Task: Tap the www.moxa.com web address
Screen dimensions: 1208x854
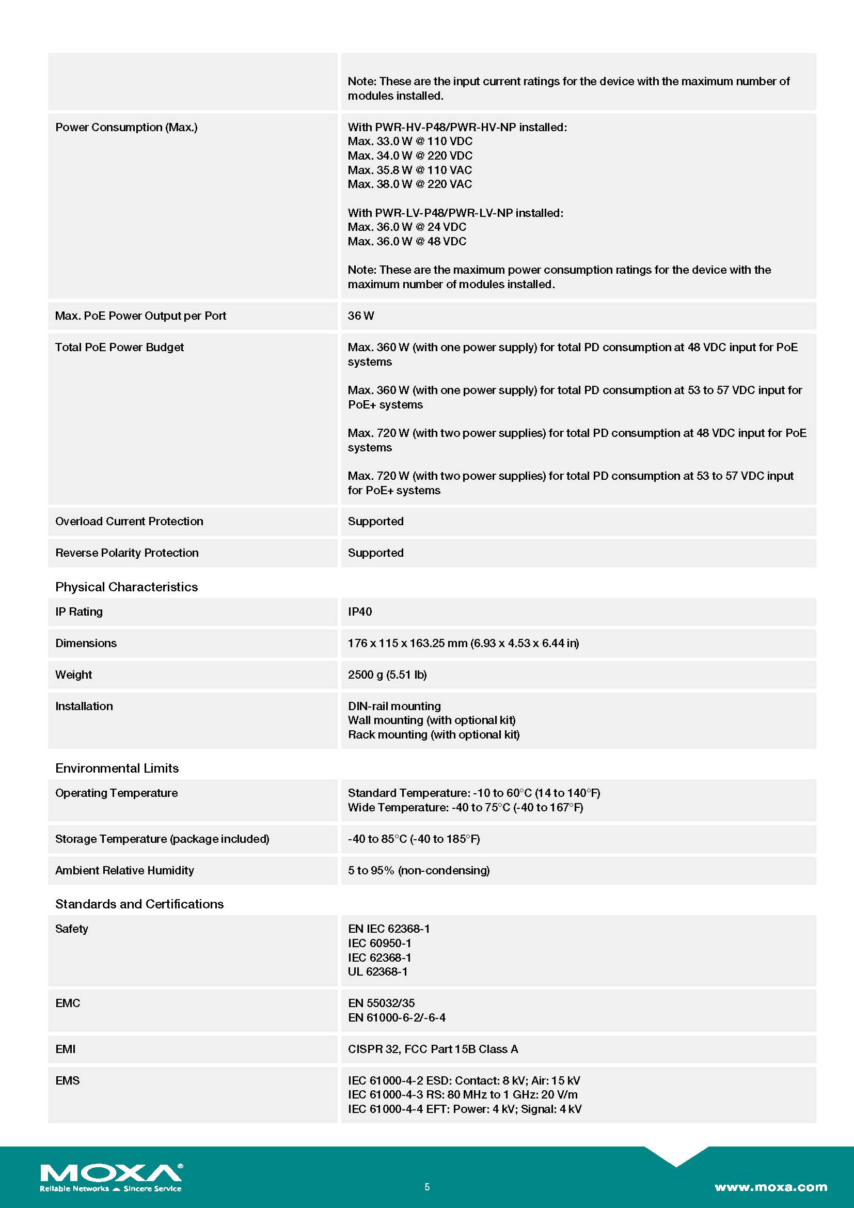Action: click(770, 1186)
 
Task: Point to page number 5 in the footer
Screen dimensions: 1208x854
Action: click(427, 1186)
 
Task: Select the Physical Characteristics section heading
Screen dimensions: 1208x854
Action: click(126, 587)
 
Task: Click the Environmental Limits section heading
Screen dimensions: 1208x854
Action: click(117, 768)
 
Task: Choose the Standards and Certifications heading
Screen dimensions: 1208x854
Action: click(139, 904)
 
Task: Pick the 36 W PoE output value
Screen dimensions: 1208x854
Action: click(361, 316)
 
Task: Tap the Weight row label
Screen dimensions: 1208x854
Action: click(74, 674)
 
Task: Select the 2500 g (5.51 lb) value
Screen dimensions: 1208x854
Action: click(387, 674)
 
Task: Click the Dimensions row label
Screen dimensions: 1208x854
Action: click(86, 643)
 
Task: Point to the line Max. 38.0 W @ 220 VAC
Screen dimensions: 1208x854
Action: click(409, 184)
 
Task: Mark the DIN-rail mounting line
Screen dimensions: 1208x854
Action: click(394, 706)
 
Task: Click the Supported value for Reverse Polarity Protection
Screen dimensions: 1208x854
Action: click(375, 553)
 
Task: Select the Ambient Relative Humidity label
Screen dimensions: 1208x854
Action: click(124, 870)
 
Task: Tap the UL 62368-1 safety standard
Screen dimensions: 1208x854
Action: click(377, 971)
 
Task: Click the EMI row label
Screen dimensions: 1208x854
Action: click(65, 1049)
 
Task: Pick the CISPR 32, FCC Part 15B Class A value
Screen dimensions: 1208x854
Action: click(433, 1049)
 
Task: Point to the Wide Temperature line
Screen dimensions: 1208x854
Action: click(465, 807)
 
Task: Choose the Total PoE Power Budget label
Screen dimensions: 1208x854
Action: click(119, 347)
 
